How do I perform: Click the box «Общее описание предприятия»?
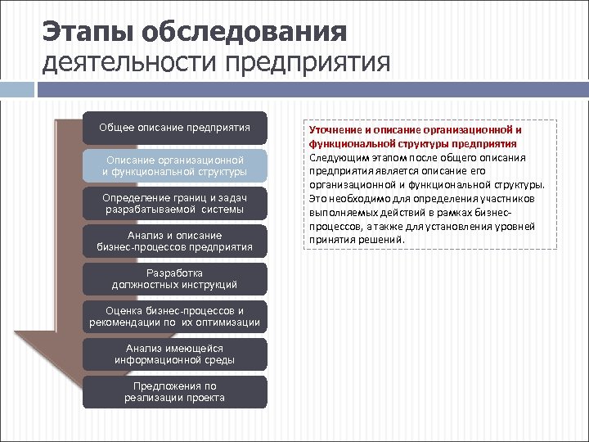[174, 129]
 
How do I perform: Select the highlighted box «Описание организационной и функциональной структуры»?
[174, 166]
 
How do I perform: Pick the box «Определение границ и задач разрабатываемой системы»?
[174, 204]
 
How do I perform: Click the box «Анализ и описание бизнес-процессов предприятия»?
[174, 241]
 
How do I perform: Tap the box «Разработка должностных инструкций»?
[174, 279]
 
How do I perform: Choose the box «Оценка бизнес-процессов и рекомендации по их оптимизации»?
[174, 317]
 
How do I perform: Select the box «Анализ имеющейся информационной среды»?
[174, 354]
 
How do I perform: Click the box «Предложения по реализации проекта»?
[174, 392]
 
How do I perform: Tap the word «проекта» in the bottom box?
[205, 398]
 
